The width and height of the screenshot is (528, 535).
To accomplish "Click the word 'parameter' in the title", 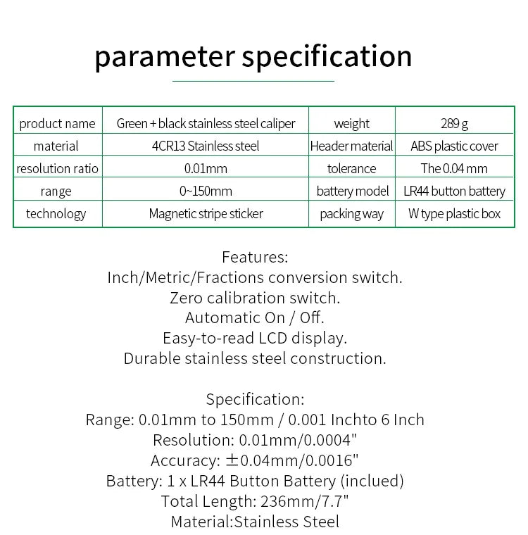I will click(x=166, y=56).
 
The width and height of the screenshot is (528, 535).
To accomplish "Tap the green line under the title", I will click(x=253, y=81).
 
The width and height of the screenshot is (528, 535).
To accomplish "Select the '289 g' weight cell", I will click(x=454, y=123).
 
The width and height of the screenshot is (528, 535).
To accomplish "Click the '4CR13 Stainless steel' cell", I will click(x=206, y=146).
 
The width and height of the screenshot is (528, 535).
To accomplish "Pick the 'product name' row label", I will click(x=57, y=123).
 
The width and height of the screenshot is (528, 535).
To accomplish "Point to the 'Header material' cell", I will click(x=351, y=146).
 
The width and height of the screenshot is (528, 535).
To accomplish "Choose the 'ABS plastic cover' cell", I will click(x=454, y=146).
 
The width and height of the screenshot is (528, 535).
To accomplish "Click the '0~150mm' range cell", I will click(x=206, y=191).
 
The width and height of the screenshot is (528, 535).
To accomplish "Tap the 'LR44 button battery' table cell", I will click(x=454, y=191).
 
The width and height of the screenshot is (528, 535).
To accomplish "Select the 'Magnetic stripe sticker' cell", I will click(x=206, y=213).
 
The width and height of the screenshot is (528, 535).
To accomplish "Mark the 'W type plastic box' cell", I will click(x=454, y=213).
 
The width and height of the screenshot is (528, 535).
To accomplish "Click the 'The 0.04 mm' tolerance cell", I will click(x=454, y=168).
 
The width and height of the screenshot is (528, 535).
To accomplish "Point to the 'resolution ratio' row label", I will click(x=57, y=168).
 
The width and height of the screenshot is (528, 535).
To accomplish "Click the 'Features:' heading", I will click(x=255, y=257).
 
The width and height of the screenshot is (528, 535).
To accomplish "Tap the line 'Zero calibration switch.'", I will click(x=255, y=298).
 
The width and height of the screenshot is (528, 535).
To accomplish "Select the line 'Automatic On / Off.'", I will click(x=255, y=317).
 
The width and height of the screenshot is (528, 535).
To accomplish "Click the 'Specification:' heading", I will click(x=255, y=399).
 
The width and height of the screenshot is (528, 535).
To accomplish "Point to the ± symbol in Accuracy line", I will click(x=232, y=461).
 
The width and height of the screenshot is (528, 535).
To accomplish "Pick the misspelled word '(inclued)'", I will click(x=372, y=481).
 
